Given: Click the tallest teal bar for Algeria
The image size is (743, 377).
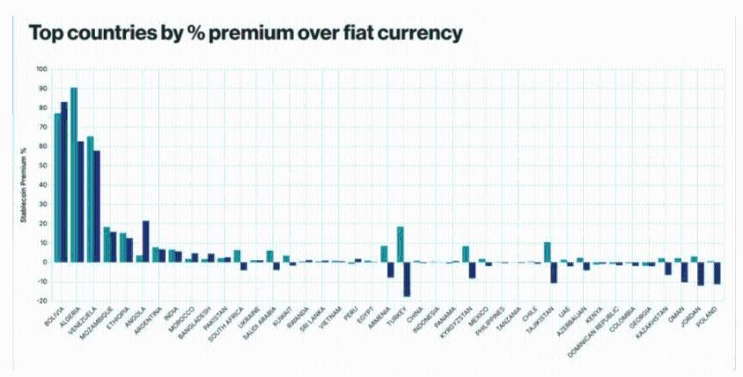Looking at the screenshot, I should [x=73, y=173].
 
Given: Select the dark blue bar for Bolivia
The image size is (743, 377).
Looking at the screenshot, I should [x=64, y=182].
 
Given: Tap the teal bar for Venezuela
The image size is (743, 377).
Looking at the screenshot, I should [x=90, y=199].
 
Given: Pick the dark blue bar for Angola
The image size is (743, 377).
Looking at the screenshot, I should [x=145, y=241].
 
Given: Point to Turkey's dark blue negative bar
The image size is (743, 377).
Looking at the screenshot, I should [x=407, y=278].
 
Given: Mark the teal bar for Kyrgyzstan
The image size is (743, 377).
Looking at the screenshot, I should [x=466, y=253].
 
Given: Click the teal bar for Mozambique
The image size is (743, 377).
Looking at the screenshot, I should [x=106, y=244].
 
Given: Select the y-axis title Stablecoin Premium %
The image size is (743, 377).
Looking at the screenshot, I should [x=23, y=185].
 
